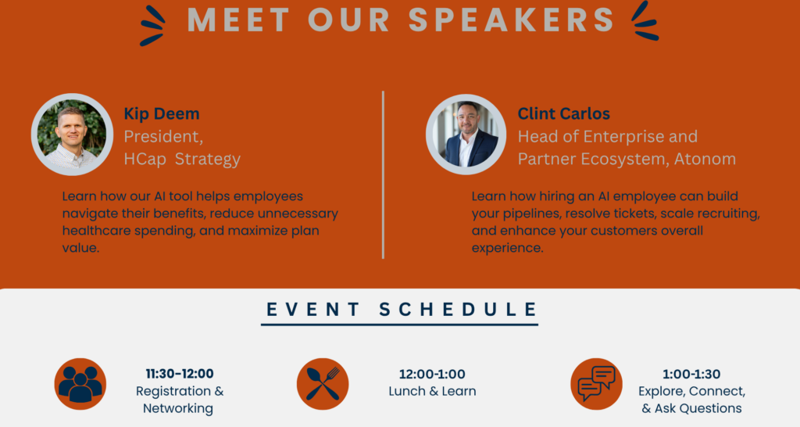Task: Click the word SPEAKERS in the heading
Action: pyautogui.click(x=512, y=20)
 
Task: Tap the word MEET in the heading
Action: pyautogui.click(x=239, y=20)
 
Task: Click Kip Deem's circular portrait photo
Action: pyautogui.click(x=72, y=135)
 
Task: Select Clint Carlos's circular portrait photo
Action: pyautogui.click(x=466, y=135)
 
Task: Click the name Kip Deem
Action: pyautogui.click(x=162, y=113)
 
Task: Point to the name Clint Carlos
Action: pyautogui.click(x=564, y=113)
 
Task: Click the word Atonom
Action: pyautogui.click(x=705, y=159)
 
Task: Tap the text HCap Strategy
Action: pyautogui.click(x=182, y=159)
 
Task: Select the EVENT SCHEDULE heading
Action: pyautogui.click(x=401, y=309)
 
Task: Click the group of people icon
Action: pyautogui.click(x=80, y=384)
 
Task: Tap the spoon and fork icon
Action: pyautogui.click(x=323, y=384)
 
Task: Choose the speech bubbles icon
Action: pyautogui.click(x=596, y=384)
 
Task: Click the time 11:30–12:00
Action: pyautogui.click(x=180, y=374)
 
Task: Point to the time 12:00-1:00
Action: pyautogui.click(x=432, y=374)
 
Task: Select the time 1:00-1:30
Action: pyautogui.click(x=691, y=374)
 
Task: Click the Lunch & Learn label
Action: pyautogui.click(x=432, y=391)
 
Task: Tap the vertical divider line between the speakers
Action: pyautogui.click(x=383, y=174)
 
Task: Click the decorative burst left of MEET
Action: pyautogui.click(x=152, y=26)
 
